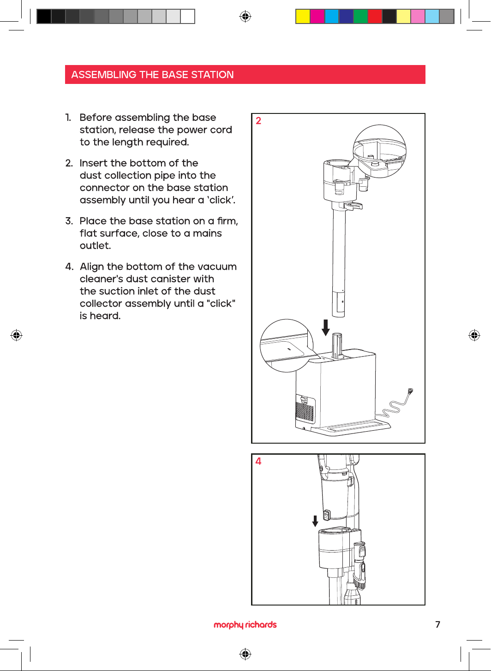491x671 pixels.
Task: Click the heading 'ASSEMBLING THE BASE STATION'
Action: coord(152,75)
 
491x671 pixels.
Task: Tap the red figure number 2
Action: coord(258,121)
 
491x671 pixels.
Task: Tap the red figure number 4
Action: coord(258,461)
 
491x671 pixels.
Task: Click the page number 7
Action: coord(437,624)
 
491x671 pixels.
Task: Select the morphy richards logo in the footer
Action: coord(245,624)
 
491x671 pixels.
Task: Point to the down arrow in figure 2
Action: coord(326,327)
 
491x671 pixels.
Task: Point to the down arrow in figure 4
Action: coord(315,521)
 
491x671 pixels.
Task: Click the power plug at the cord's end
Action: coord(410,391)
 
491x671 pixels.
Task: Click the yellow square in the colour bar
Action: coord(303,17)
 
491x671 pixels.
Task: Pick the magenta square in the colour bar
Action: coord(317,17)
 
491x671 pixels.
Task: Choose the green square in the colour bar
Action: coord(360,17)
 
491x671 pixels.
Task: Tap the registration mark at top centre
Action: coord(245,17)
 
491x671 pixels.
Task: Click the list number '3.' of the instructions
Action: coord(69,221)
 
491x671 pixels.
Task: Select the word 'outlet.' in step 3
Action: coord(96,246)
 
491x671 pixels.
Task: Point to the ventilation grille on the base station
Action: coord(305,411)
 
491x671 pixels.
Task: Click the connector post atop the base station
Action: coord(337,345)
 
